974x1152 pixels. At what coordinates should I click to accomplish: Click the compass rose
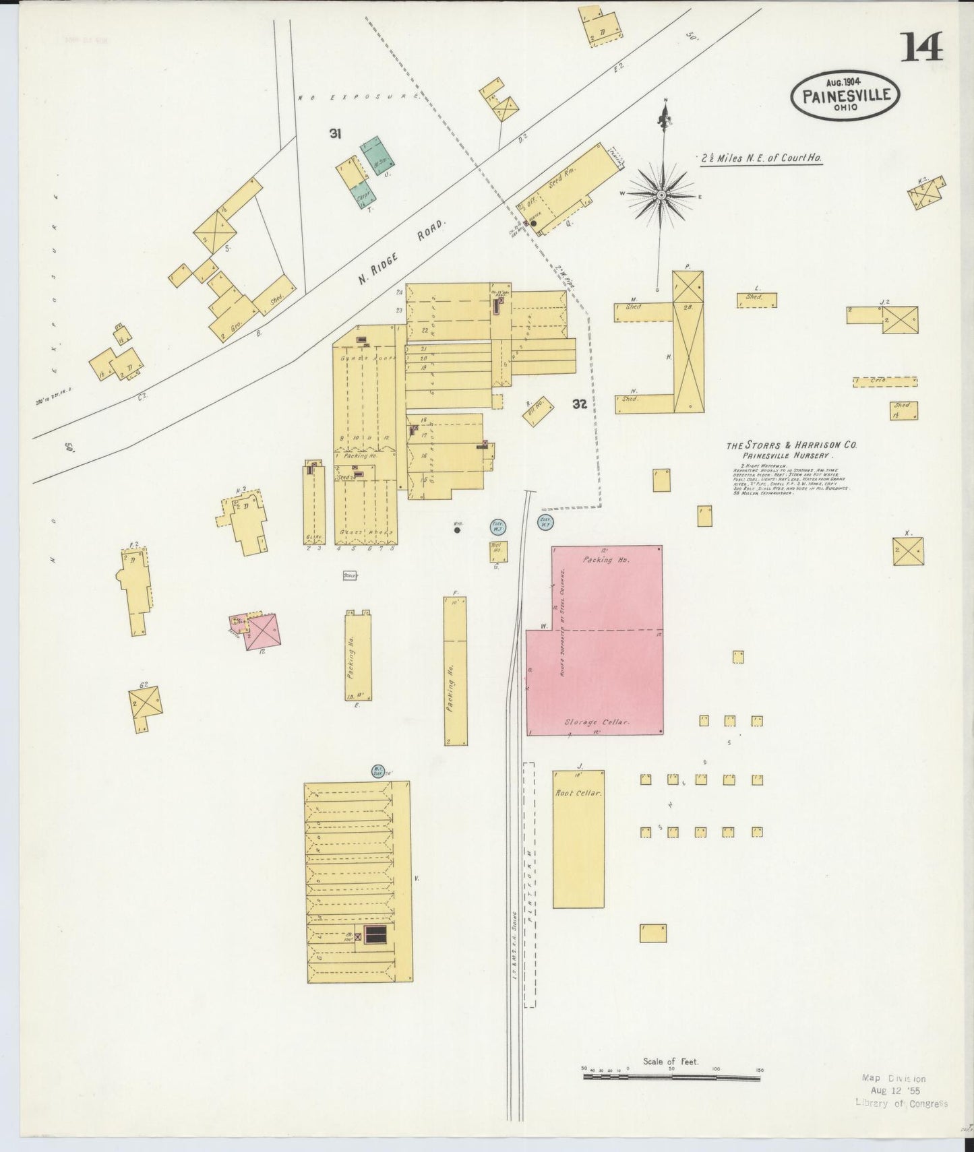pyautogui.click(x=662, y=194)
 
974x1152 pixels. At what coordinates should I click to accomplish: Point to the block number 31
pyautogui.click(x=335, y=134)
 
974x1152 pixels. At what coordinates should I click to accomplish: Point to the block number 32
pyautogui.click(x=579, y=404)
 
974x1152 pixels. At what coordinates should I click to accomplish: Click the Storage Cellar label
pyautogui.click(x=597, y=722)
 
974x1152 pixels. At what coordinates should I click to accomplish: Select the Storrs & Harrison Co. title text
pyautogui.click(x=791, y=445)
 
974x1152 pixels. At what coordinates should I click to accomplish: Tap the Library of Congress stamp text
pyautogui.click(x=901, y=1103)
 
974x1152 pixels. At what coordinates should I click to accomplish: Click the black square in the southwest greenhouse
pyautogui.click(x=375, y=935)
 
